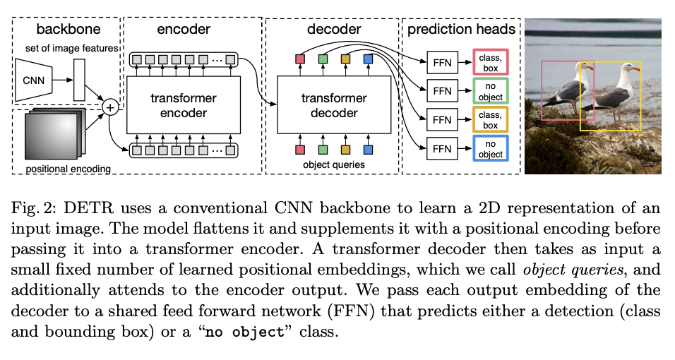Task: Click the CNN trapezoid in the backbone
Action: (x=35, y=80)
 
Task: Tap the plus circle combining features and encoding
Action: (x=110, y=107)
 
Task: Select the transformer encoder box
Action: (x=184, y=105)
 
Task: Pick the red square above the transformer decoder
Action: (x=299, y=59)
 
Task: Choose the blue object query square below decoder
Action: (x=367, y=150)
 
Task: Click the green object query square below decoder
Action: (x=323, y=150)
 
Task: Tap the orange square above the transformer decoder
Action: (x=345, y=59)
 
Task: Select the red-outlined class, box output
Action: (x=490, y=62)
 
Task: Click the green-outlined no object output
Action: (x=490, y=91)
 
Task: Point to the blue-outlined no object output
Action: (x=490, y=149)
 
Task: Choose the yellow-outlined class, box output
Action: (x=490, y=120)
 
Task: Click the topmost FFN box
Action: (x=442, y=62)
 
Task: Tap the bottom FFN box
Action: (x=442, y=149)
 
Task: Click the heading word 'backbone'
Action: (x=68, y=30)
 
